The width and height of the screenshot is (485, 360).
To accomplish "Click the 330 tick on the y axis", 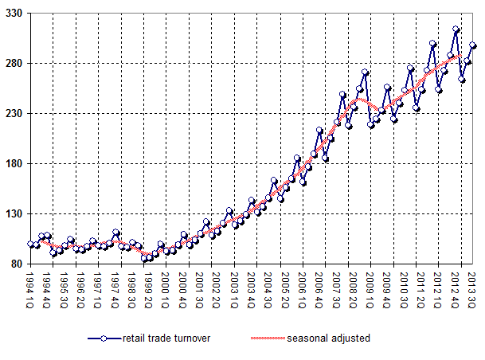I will [x=13, y=14].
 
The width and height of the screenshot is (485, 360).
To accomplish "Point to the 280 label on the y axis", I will [x=13, y=63].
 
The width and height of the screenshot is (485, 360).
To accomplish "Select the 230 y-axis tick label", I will [x=13, y=113].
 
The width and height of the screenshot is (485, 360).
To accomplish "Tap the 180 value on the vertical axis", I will [x=13, y=163].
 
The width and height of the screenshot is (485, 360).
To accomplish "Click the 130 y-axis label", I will [x=13, y=213].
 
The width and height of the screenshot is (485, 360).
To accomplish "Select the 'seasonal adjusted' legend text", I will [x=331, y=338].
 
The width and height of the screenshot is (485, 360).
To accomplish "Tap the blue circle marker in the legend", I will [x=104, y=338].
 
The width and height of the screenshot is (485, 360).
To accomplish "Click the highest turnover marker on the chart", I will [x=456, y=29].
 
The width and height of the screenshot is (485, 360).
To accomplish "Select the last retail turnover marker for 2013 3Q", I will [x=473, y=45].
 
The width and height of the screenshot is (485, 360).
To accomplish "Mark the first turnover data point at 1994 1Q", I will [x=30, y=244].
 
